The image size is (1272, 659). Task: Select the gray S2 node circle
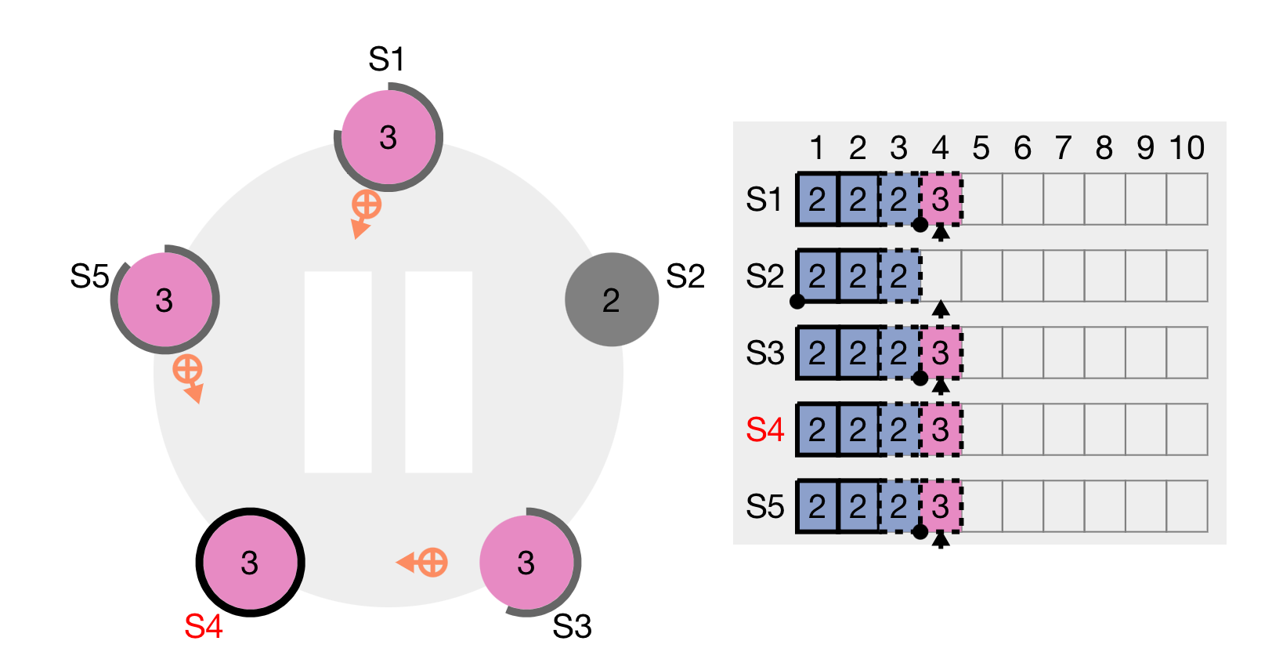(x=611, y=299)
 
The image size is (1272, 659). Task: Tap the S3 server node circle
(x=526, y=562)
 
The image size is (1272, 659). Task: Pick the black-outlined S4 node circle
(x=250, y=562)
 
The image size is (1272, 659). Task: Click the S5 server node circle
(x=164, y=299)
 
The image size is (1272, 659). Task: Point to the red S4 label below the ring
(x=204, y=627)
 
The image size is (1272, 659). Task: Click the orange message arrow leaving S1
(x=364, y=212)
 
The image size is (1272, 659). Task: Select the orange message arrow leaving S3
(x=424, y=563)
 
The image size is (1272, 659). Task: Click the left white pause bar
(x=338, y=371)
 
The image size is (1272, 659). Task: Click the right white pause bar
(x=439, y=371)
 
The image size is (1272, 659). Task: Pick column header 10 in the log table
(x=1187, y=148)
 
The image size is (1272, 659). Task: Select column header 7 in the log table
(x=1063, y=148)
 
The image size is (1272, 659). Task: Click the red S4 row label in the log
(x=764, y=430)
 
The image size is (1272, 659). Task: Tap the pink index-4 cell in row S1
(x=941, y=200)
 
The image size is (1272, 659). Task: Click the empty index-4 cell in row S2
(x=941, y=276)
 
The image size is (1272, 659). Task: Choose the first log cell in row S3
(x=817, y=353)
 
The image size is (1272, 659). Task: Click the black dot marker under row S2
(x=797, y=302)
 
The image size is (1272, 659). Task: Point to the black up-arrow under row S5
(x=941, y=539)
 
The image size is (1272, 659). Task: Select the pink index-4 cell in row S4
(x=941, y=429)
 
